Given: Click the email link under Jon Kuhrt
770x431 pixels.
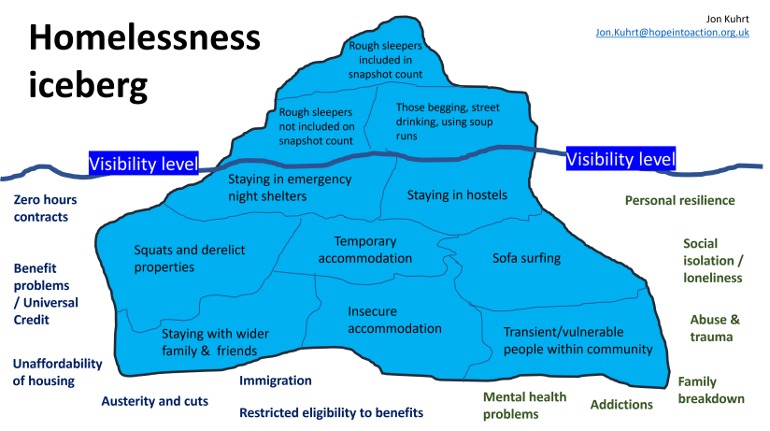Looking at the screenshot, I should [x=673, y=33].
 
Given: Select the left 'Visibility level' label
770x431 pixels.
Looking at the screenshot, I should [x=143, y=165].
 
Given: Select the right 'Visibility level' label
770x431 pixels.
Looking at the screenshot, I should [x=620, y=160].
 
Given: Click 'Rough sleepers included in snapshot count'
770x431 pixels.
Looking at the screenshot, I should [x=386, y=59].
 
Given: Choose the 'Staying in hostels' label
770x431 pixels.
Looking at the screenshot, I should [x=457, y=195].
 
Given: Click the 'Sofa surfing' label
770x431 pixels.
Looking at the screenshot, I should [x=526, y=258].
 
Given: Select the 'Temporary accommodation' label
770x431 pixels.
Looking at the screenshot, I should [x=364, y=250].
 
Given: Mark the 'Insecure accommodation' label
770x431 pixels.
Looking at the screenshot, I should [x=394, y=319].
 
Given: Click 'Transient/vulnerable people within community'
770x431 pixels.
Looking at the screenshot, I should [x=577, y=340].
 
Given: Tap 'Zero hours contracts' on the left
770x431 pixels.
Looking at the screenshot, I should [x=45, y=208].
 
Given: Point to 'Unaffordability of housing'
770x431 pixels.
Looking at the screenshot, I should [x=56, y=372].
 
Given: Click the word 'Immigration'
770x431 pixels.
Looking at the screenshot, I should [x=276, y=381].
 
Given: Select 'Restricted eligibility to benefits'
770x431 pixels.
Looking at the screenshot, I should [x=331, y=412].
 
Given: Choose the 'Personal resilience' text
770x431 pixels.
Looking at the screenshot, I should [x=679, y=201].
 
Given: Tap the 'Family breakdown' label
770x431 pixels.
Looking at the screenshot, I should [x=711, y=390].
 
